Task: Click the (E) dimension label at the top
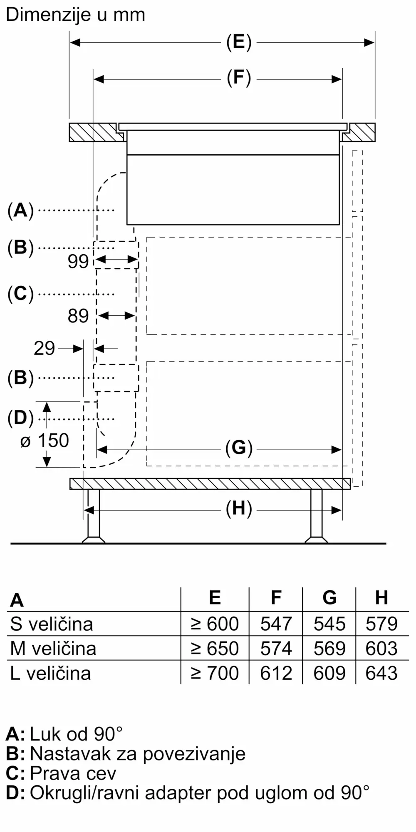pos(239,42)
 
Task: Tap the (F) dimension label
pos(239,78)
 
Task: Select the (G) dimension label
pos(239,448)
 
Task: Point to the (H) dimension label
pos(239,509)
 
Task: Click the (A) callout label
pos(20,210)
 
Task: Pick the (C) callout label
pos(20,294)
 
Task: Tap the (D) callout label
pos(20,418)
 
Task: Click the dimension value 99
pos(78,261)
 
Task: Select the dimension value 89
pos(78,316)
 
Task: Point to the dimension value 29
pos(44,348)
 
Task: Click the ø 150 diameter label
pos(45,441)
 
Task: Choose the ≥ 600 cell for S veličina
pos(215,624)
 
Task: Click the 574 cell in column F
pos(276,648)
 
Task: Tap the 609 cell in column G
pos(329,673)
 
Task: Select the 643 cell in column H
pos(381,673)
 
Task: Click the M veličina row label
pos(53,648)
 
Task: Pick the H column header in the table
pos(381,598)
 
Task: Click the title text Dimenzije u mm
pos(75,15)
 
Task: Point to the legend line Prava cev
pos(73,773)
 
